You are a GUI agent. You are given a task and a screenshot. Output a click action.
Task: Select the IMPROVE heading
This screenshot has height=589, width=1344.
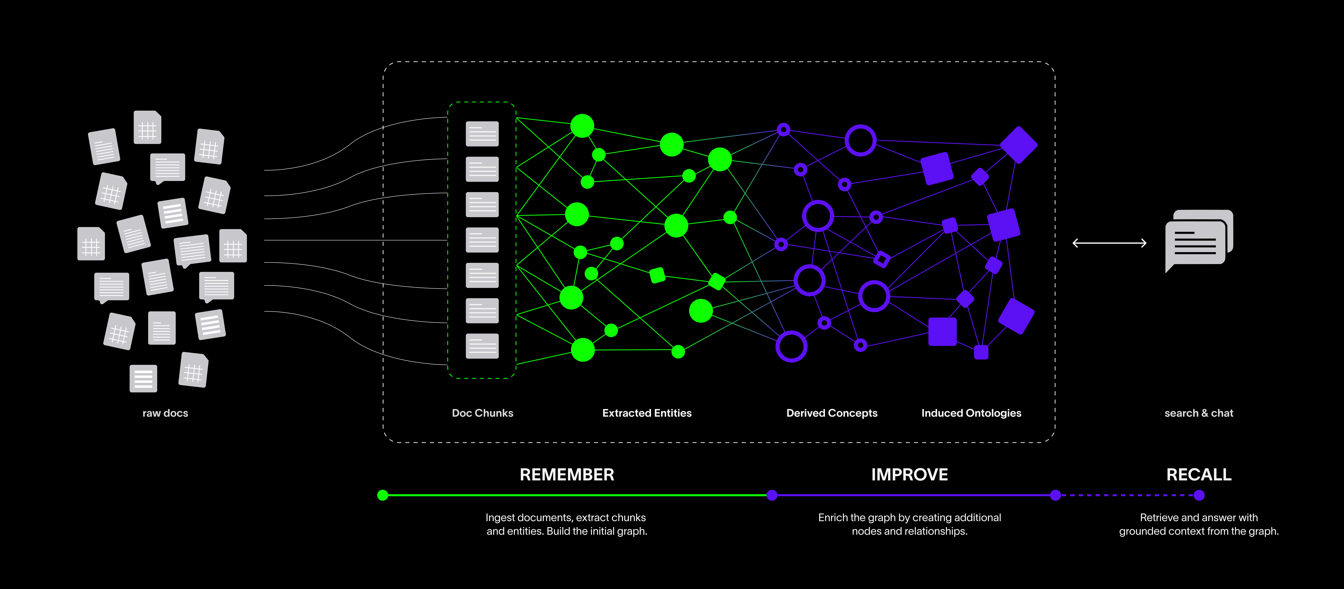point(909,475)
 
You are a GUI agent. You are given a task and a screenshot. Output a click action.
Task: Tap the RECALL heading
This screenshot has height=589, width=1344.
point(1199,475)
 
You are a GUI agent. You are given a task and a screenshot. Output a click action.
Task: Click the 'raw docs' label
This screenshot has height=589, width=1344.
point(165,413)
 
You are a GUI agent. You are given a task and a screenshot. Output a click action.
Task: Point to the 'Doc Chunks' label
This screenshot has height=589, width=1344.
point(483,413)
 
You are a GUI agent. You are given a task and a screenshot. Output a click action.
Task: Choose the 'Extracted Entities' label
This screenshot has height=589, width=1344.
point(647,413)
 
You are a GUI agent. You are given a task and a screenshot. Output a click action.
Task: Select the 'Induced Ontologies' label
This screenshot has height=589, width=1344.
point(971,413)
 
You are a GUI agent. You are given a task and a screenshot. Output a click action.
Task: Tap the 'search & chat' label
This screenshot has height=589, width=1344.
point(1199,413)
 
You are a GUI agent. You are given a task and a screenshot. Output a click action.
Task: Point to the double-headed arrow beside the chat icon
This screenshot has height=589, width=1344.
point(1109,243)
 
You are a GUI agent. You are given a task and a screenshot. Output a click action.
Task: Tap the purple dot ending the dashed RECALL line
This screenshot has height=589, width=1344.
point(1199,495)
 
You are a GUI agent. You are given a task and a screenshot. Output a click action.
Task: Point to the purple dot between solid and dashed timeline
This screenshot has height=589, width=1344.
point(1056,495)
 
